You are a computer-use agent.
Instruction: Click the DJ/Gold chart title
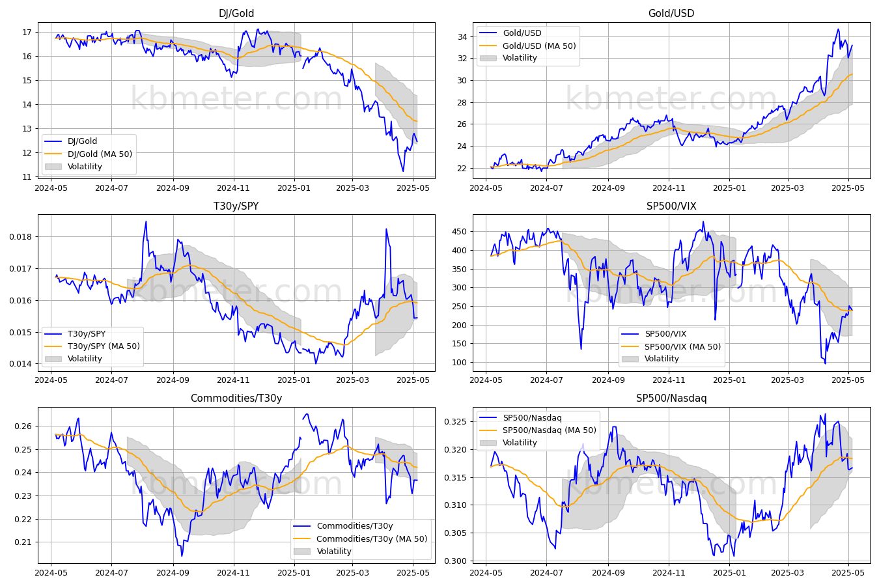pyautogui.click(x=236, y=13)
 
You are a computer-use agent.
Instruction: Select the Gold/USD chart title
pyautogui.click(x=671, y=13)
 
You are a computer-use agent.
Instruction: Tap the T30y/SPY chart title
pyautogui.click(x=236, y=206)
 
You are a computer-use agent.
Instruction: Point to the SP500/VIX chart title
pyautogui.click(x=671, y=206)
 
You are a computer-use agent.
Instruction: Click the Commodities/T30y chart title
pyautogui.click(x=236, y=398)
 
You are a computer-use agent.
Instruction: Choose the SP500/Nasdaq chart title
pyautogui.click(x=671, y=398)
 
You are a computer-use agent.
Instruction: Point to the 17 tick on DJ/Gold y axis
pyautogui.click(x=27, y=32)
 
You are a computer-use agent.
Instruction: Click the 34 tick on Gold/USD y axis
pyautogui.click(x=462, y=37)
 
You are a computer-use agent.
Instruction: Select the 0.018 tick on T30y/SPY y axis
pyautogui.click(x=20, y=236)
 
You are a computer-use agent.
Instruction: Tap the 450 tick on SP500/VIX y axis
pyautogui.click(x=460, y=232)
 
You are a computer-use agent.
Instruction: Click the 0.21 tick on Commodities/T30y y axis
pyautogui.click(x=23, y=542)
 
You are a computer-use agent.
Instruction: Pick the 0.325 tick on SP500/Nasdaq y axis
pyautogui.click(x=456, y=422)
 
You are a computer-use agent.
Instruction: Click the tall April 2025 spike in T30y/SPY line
pyautogui.click(x=387, y=229)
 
